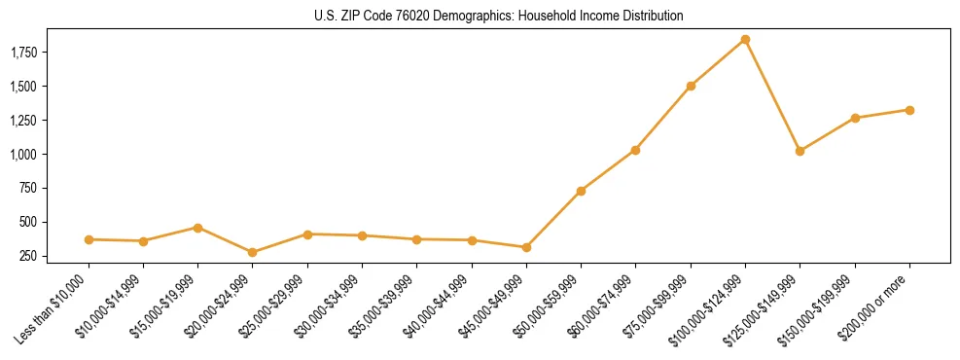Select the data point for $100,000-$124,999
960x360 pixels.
[745, 40]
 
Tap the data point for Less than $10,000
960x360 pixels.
[89, 239]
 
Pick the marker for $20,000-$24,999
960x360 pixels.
[253, 252]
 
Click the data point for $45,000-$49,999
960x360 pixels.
[526, 247]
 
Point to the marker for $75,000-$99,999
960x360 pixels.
[691, 86]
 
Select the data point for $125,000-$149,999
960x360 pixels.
[800, 151]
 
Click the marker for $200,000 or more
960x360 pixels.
[909, 110]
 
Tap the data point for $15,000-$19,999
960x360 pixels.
[198, 228]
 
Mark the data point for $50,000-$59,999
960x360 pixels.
[581, 191]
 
